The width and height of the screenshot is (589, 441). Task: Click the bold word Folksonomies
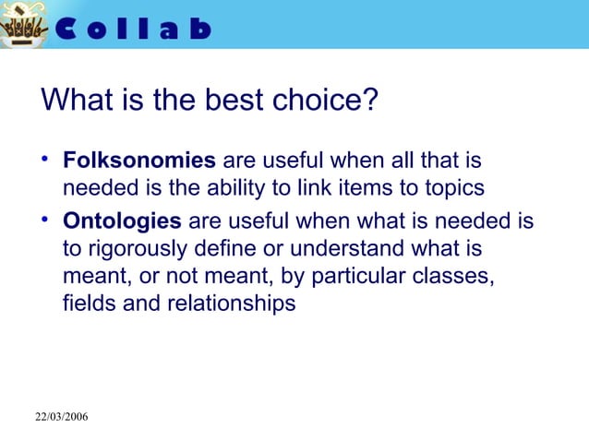click(139, 161)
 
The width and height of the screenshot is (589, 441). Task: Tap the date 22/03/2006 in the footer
click(62, 418)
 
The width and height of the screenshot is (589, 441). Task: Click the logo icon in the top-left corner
click(24, 27)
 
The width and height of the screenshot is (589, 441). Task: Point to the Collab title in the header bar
click(135, 29)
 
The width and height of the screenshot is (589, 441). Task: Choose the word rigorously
click(137, 249)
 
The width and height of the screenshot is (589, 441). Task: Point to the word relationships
click(231, 303)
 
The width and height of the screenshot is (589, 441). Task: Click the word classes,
click(459, 276)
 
